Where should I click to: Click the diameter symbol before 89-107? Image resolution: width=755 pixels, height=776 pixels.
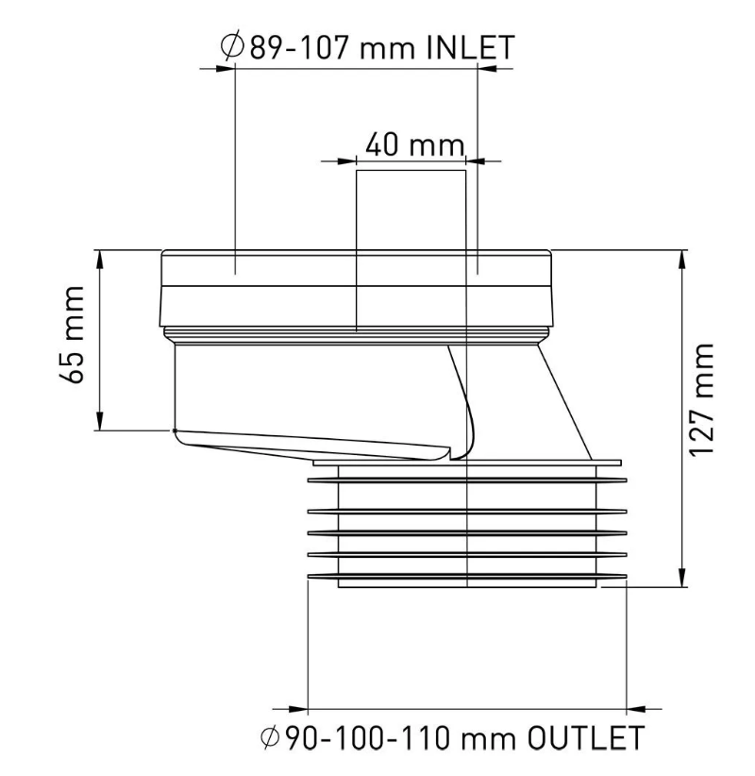(x=230, y=47)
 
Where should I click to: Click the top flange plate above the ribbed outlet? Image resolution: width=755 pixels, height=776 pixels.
(x=467, y=464)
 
